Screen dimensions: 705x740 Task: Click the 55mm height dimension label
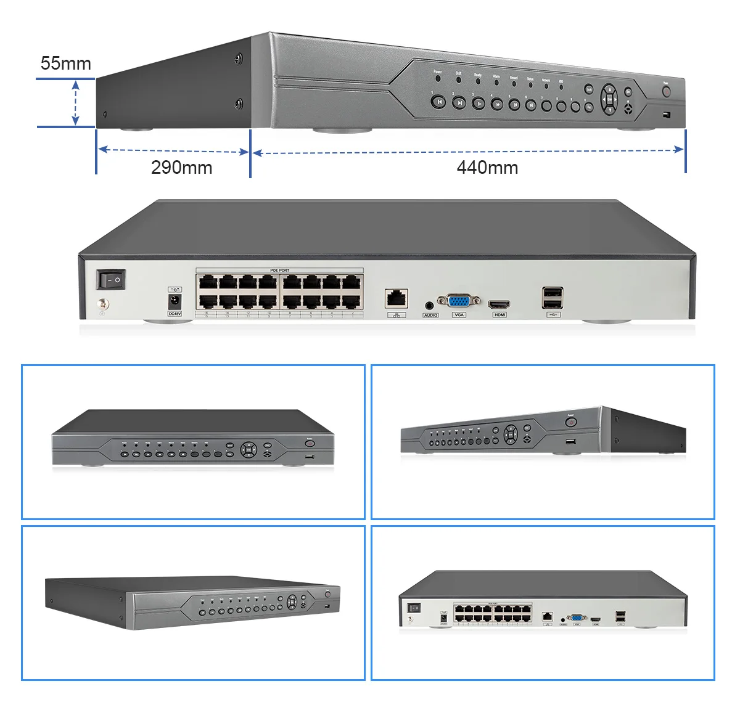[x=65, y=63]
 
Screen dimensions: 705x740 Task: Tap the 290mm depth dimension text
[x=181, y=168]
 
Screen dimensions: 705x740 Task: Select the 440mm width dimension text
[x=487, y=168]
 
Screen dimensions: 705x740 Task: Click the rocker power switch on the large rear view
[x=111, y=280]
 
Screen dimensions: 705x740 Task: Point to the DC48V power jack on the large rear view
[x=175, y=301]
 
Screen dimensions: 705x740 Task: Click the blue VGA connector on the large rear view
[x=458, y=301]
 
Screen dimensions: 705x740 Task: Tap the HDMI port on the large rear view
[x=499, y=304]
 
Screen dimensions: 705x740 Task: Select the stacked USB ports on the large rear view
[x=552, y=298]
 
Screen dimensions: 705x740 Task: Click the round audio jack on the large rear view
[x=430, y=304]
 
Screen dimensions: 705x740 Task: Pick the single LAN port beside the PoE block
[x=396, y=299]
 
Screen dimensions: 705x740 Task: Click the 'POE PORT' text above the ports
[x=279, y=271]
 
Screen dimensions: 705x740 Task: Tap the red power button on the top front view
[x=666, y=92]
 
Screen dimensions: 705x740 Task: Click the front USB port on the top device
[x=666, y=115]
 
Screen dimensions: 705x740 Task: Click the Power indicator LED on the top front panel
[x=437, y=79]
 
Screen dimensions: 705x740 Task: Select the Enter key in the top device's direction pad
[x=609, y=99]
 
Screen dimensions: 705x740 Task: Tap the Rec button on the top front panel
[x=589, y=107]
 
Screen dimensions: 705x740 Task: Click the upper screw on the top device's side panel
[x=239, y=59]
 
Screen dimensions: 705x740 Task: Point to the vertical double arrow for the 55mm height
[x=76, y=103]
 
